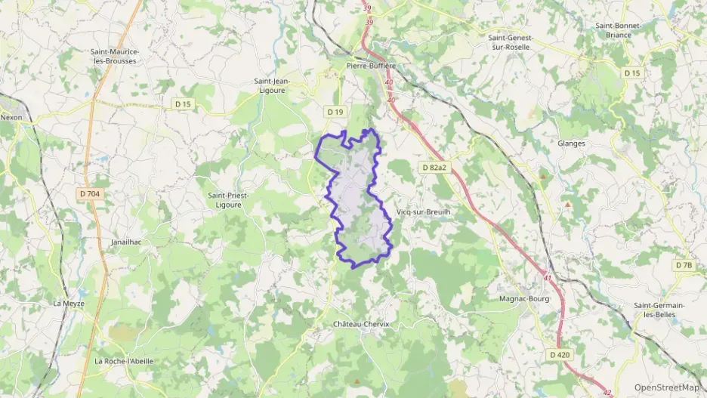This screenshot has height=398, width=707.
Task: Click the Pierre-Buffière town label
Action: point(371,66)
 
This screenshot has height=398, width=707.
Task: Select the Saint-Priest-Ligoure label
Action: point(228,199)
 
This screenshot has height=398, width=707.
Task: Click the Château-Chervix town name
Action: point(361,324)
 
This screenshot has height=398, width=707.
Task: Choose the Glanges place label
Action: point(571,143)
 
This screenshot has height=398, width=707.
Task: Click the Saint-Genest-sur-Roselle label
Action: point(511,42)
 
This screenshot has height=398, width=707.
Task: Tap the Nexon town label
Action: point(11,117)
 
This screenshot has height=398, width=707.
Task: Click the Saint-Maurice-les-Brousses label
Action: point(113,56)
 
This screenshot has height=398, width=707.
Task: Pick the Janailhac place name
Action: point(126,242)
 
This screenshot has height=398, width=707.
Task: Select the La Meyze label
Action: point(69,303)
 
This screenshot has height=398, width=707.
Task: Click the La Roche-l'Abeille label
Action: point(124,361)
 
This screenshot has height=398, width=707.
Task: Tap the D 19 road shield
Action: point(335,112)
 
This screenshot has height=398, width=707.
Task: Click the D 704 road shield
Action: point(89,194)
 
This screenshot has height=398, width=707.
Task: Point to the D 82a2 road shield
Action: point(436,167)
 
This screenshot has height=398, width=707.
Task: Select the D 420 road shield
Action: point(560,354)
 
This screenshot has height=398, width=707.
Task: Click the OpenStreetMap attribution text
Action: point(666,387)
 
